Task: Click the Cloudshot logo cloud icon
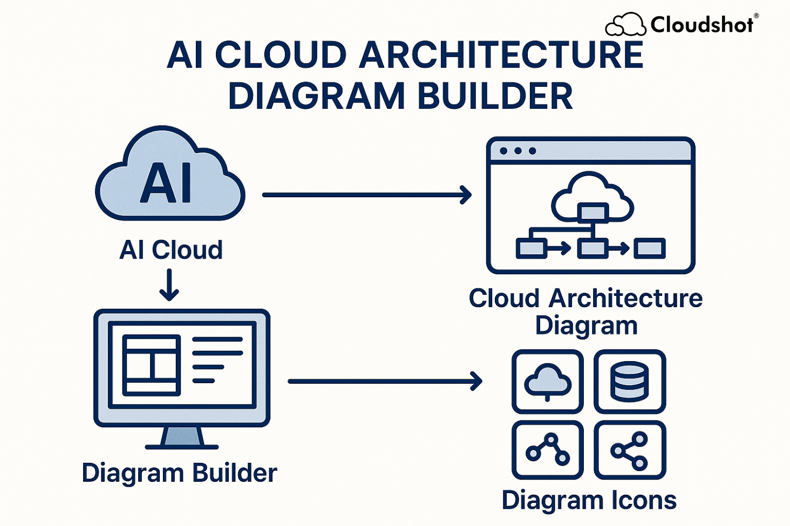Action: coord(625,25)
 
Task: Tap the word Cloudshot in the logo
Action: coord(702,25)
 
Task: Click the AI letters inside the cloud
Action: coord(166,183)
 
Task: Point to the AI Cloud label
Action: coord(171,250)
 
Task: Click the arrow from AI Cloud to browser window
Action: coord(367,195)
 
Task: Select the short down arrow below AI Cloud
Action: coord(169,285)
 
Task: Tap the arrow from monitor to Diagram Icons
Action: coord(385,381)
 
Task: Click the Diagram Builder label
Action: coord(179,473)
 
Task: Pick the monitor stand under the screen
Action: coord(182,438)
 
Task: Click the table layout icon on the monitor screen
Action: coord(152,365)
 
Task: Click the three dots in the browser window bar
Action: coord(517,151)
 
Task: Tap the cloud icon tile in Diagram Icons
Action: coord(548,382)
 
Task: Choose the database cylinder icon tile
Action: coord(630,382)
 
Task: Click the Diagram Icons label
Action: coord(589,500)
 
